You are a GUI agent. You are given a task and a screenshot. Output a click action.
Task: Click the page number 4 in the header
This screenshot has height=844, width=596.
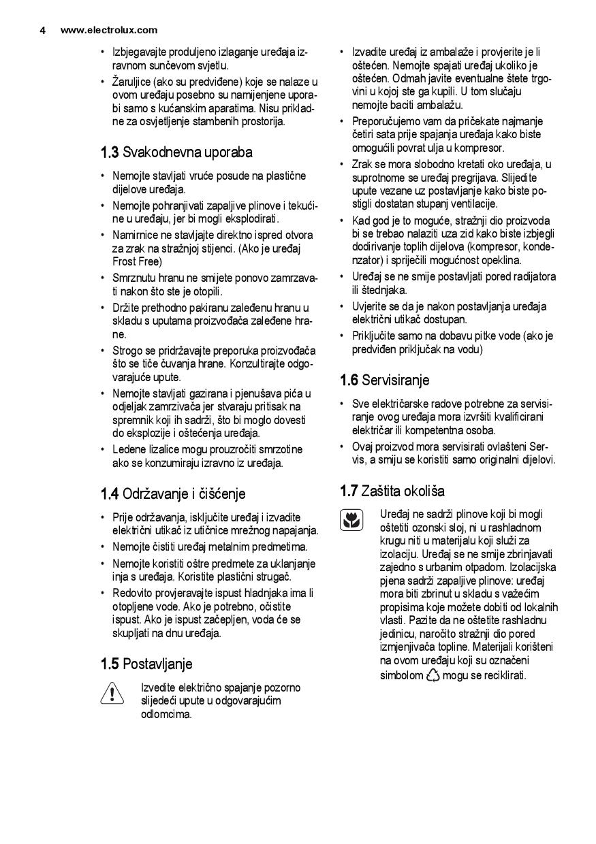click(42, 30)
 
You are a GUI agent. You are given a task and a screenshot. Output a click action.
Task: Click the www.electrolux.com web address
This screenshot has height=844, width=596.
click(109, 30)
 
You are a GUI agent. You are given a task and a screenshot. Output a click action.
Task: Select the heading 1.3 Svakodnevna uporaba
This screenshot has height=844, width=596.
click(176, 152)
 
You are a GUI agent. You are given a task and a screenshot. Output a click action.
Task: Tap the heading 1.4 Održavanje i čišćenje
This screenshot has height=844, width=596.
click(173, 493)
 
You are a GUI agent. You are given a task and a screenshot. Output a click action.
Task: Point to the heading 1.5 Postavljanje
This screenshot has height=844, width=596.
click(146, 664)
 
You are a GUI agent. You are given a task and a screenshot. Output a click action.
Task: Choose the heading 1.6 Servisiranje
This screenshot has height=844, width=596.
click(385, 380)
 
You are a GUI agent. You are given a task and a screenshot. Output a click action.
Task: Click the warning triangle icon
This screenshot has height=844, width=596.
click(111, 694)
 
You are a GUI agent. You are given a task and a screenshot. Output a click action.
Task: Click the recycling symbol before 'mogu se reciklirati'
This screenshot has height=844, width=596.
click(433, 675)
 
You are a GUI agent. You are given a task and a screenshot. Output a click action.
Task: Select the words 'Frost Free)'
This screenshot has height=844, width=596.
click(137, 261)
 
